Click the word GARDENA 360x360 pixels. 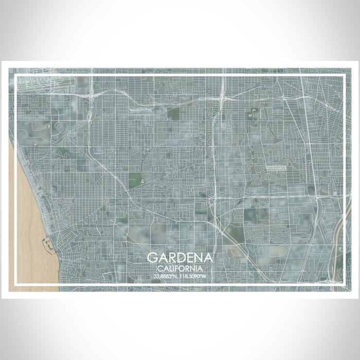[179, 258]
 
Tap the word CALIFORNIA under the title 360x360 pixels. [179, 268]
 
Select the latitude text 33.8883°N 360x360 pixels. [167, 277]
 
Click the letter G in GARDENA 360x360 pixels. [152, 258]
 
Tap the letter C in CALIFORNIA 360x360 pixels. [161, 268]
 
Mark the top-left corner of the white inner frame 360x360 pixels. [16, 76]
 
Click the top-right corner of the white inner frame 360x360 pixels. [344, 76]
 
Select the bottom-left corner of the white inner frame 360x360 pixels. [16, 284]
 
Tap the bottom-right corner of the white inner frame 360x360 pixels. [344, 284]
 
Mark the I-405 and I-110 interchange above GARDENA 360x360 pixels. [213, 198]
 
